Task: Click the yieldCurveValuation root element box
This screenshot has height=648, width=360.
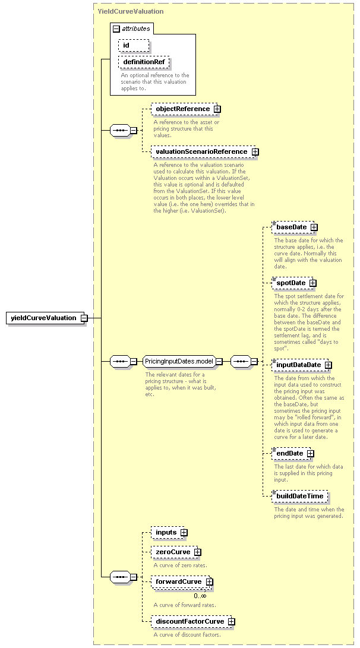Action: pyautogui.click(x=46, y=318)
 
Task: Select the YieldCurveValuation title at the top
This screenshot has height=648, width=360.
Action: pyautogui.click(x=131, y=11)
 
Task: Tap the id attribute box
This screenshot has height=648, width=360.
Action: pyautogui.click(x=134, y=45)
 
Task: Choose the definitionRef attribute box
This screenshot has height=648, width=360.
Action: pyautogui.click(x=144, y=62)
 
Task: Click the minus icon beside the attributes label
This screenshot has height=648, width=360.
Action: pyautogui.click(x=116, y=29)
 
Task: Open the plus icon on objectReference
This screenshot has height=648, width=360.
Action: pyautogui.click(x=217, y=109)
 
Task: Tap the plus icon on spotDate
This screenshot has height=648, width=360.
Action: pyautogui.click(x=313, y=283)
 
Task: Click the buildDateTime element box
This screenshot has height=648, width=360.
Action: pyautogui.click(x=300, y=497)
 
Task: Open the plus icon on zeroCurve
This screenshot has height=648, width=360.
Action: pyautogui.click(x=198, y=552)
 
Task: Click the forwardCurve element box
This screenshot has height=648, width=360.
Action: pyautogui.click(x=181, y=582)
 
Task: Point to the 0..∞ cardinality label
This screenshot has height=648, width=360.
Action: pyautogui.click(x=200, y=596)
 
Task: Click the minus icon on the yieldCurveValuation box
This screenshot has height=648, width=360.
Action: pyautogui.click(x=84, y=318)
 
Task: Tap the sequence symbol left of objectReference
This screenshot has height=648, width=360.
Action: pyautogui.click(x=120, y=131)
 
